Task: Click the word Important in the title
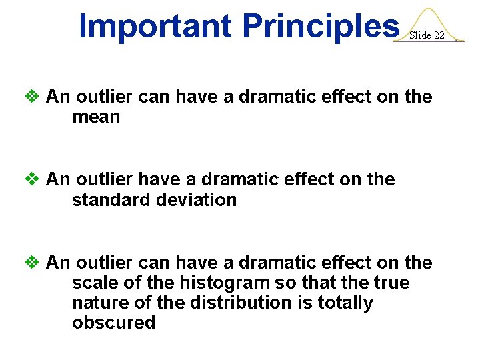[156, 26]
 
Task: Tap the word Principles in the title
[320, 26]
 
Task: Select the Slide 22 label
[427, 35]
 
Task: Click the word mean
[96, 117]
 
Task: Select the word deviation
[198, 200]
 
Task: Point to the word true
[391, 283]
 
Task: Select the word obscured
[113, 323]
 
